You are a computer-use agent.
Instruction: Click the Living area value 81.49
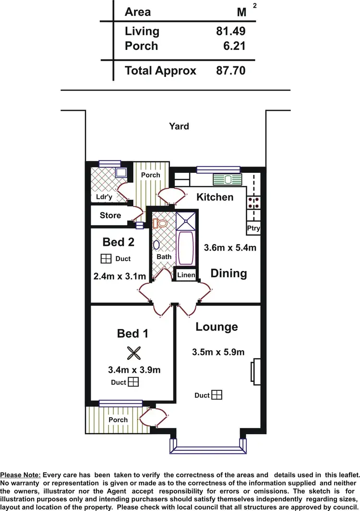pyautogui.click(x=230, y=32)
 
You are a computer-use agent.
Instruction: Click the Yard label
pyautogui.click(x=179, y=126)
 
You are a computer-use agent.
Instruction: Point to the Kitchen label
pyautogui.click(x=215, y=197)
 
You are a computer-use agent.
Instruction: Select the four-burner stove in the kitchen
pyautogui.click(x=253, y=203)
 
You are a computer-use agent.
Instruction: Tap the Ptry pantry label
pyautogui.click(x=253, y=228)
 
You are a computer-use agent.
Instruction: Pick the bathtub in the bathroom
pyautogui.click(x=185, y=247)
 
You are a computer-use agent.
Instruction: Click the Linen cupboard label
pyautogui.click(x=186, y=275)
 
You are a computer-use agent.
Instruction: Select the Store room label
pyautogui.click(x=110, y=216)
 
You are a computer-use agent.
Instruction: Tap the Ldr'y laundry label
pyautogui.click(x=104, y=197)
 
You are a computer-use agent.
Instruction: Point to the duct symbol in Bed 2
pyautogui.click(x=106, y=259)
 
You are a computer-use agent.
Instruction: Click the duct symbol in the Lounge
pyautogui.click(x=217, y=395)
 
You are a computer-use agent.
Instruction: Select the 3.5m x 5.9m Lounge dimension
pyautogui.click(x=218, y=352)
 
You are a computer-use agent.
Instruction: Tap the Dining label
pyautogui.click(x=229, y=273)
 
